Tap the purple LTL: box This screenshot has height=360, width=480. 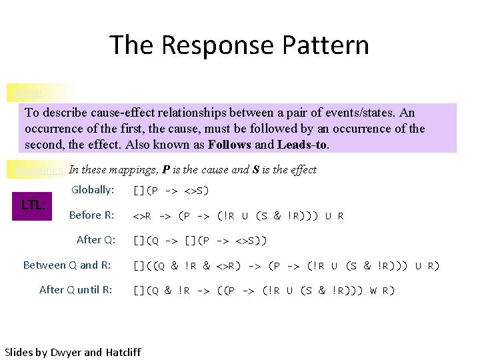pos(33,204)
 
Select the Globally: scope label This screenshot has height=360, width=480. pos(93,190)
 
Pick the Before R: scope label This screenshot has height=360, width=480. pos(91,215)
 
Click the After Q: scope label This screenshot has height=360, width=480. pos(96,240)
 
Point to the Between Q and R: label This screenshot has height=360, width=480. pos(67,265)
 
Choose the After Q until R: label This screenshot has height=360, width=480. pos(75,290)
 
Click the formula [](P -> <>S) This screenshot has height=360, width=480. pos(171,191)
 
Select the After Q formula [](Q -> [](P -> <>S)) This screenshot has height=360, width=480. pos(200,241)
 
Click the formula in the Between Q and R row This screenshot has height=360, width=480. pos(286,266)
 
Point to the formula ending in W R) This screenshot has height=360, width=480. pos(264,291)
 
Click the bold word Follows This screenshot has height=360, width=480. pos(229,144)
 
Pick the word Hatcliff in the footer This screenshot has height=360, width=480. pos(123,351)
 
